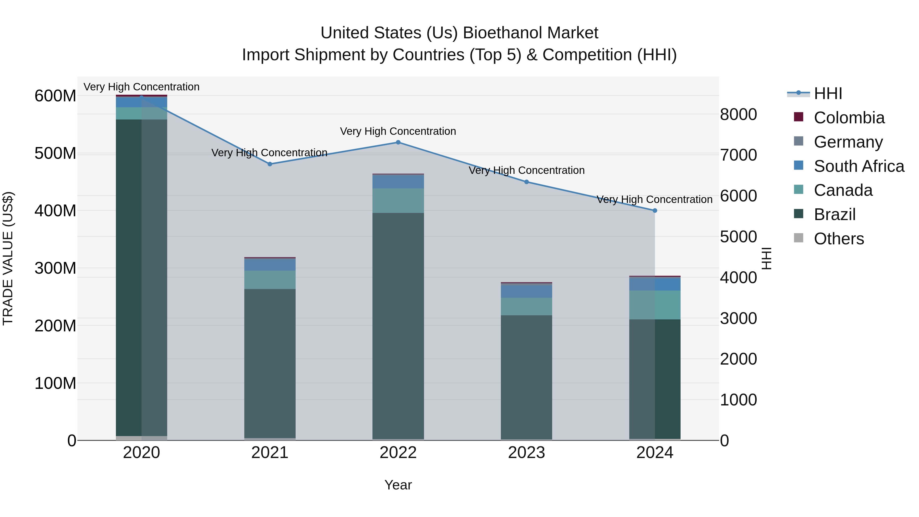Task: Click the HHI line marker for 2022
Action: pos(398,142)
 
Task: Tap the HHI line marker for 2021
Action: pos(270,164)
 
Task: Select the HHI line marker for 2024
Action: pos(655,211)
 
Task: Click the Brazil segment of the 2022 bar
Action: pos(398,325)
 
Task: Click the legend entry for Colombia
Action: pos(849,118)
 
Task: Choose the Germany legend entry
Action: pos(848,142)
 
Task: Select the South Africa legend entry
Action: pos(859,166)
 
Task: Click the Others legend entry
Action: pos(839,239)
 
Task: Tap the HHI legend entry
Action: pos(828,93)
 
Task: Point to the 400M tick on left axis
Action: pos(55,211)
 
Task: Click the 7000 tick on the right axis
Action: pos(738,155)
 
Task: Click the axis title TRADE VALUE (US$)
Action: pos(8,258)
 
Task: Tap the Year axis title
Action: pos(398,485)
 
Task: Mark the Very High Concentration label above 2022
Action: pos(398,131)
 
